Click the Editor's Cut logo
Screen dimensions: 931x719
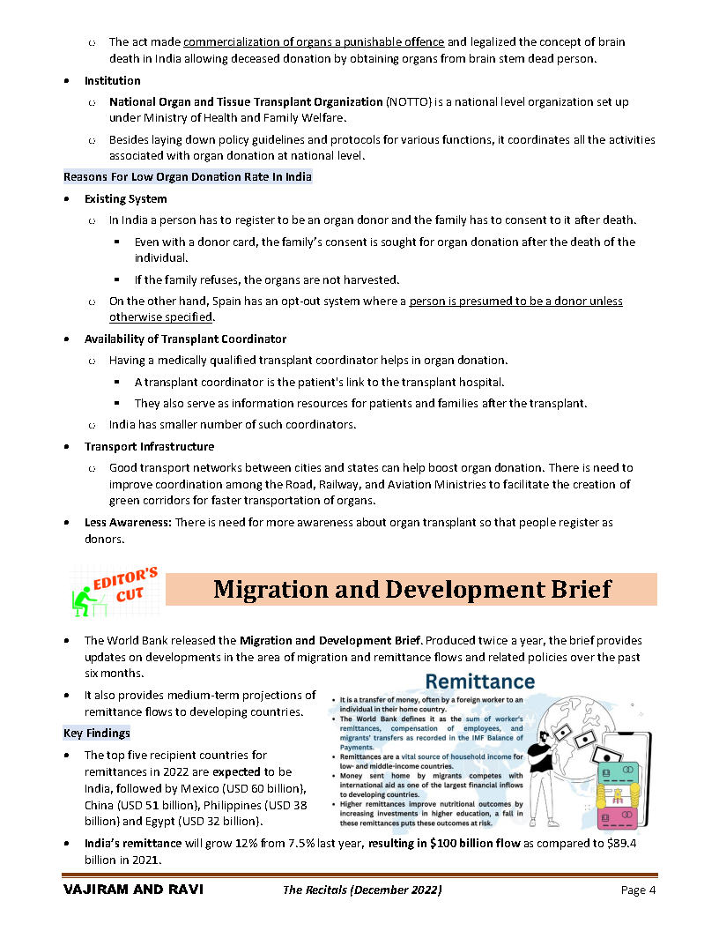point(115,591)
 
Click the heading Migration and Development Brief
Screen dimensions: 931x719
point(411,589)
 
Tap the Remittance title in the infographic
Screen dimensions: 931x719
point(479,681)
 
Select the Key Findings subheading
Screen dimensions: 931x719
point(97,733)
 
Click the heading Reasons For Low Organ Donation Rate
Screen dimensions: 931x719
point(188,176)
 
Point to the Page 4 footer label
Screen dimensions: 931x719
point(638,890)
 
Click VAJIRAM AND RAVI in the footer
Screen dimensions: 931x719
point(133,890)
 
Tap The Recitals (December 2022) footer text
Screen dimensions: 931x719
point(362,890)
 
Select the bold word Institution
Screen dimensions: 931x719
point(112,80)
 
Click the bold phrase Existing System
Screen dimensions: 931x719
point(125,198)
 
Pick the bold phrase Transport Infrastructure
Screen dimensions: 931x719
point(149,446)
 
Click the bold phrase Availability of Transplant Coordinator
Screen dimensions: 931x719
point(185,339)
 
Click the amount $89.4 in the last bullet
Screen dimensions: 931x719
point(625,844)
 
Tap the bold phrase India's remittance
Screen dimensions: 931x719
point(134,844)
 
